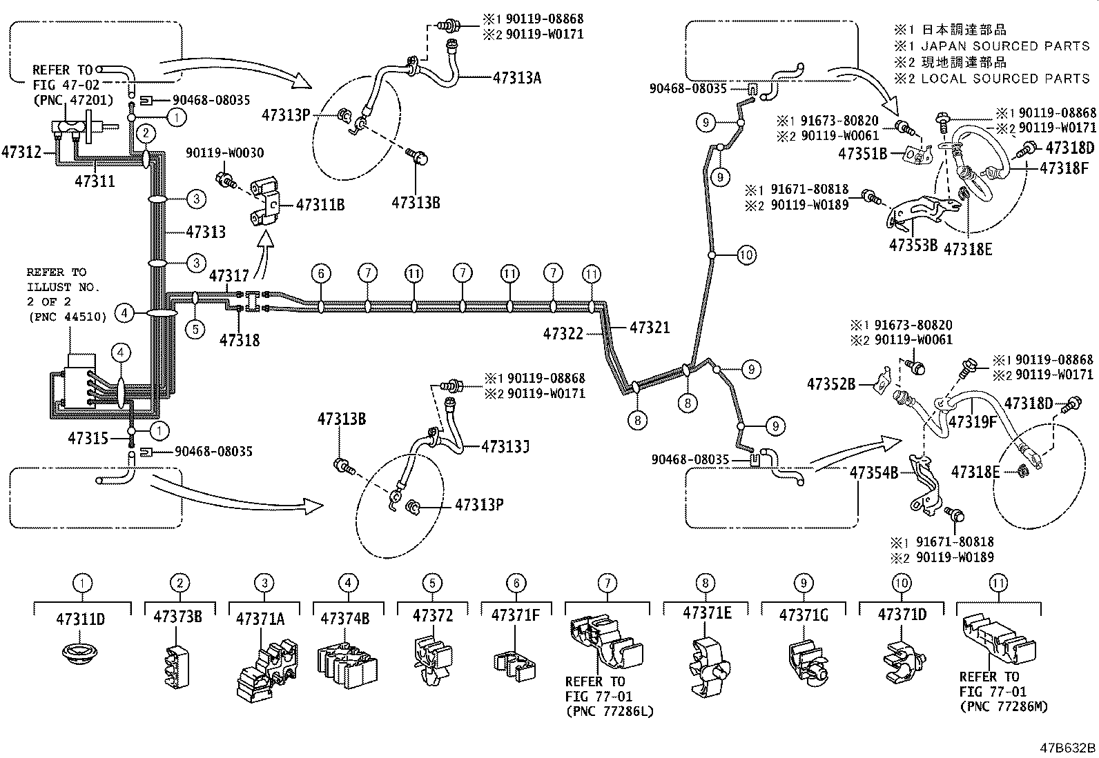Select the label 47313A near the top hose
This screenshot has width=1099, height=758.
pos(516,78)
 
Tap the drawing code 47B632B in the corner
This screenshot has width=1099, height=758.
pos(1069,748)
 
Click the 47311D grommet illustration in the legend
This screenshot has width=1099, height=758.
pos(82,652)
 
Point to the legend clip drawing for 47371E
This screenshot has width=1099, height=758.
pos(708,663)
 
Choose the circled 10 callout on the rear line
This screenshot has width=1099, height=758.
pos(746,255)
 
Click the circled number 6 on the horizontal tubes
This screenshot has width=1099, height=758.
pos(321,274)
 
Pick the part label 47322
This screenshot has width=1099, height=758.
pos(563,334)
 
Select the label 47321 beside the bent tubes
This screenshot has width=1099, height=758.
pos(650,328)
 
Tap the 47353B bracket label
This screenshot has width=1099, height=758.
pos(912,244)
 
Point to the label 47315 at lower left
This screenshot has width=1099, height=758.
pos(88,438)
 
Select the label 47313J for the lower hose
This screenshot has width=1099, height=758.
pos(505,447)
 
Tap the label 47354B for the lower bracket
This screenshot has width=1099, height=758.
pos(874,472)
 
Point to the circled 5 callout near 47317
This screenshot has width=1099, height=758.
pos(195,329)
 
